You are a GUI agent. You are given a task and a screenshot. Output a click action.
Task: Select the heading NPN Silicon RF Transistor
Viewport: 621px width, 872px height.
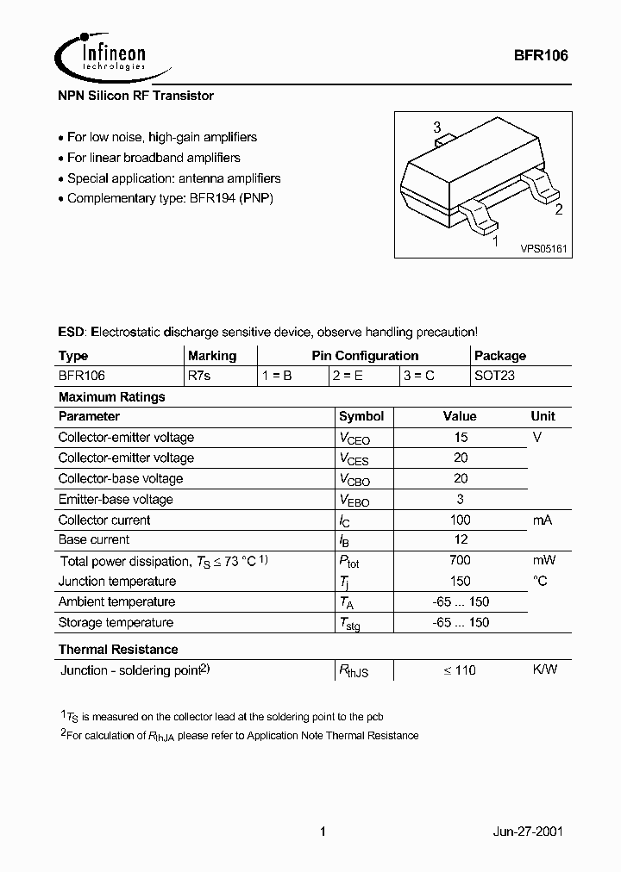point(135,96)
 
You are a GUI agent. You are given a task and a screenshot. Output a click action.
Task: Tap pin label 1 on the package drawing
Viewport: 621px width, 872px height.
point(495,242)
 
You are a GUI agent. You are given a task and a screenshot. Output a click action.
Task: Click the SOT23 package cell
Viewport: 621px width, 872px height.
point(494,377)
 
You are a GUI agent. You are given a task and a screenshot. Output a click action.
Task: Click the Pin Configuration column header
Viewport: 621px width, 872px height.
point(365,356)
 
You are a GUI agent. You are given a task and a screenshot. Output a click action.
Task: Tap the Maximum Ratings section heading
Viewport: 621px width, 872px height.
point(111,397)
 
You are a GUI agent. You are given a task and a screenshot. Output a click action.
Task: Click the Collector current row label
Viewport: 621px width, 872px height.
point(104,520)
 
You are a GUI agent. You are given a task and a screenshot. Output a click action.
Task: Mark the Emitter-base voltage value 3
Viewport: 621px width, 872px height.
point(460,499)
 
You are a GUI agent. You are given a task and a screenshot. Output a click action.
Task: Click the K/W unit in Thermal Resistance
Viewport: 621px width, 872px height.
point(544,670)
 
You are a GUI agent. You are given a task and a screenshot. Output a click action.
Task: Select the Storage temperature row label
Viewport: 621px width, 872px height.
point(116,622)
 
